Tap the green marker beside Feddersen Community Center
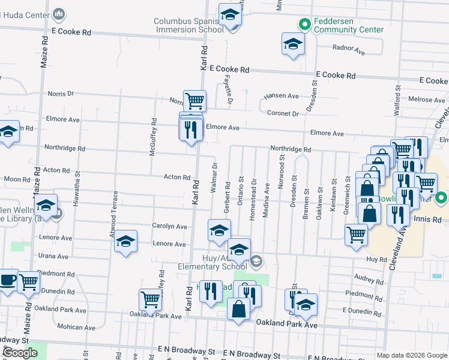[304, 25]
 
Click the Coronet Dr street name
[283, 113]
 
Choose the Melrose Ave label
[426, 100]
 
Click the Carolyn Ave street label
[169, 227]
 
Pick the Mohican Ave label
[76, 327]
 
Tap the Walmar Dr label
[214, 176]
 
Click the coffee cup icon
[7, 280]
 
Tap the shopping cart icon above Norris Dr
[194, 100]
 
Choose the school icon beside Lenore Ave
[125, 241]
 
